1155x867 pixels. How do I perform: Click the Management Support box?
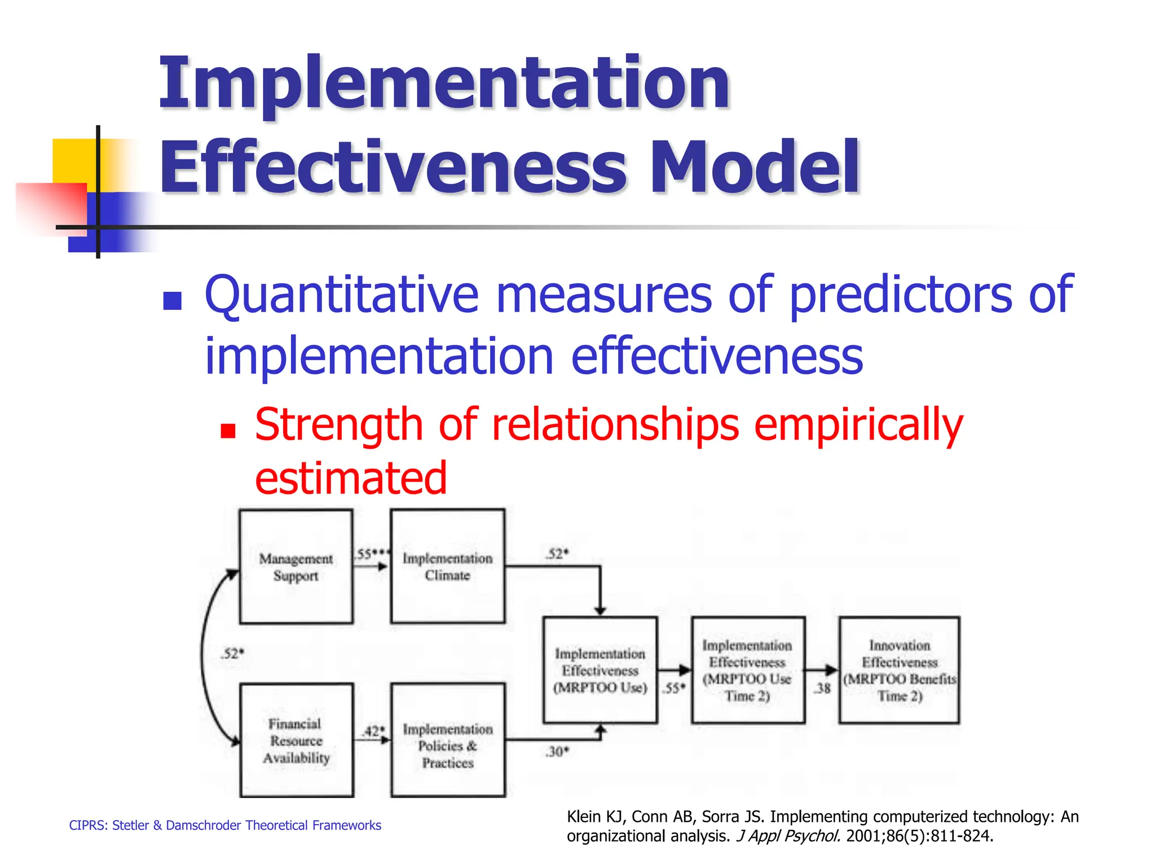click(x=296, y=567)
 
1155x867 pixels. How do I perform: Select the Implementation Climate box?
click(x=447, y=566)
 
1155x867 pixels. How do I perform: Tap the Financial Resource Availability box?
click(x=297, y=740)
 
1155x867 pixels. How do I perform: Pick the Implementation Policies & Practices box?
click(x=448, y=740)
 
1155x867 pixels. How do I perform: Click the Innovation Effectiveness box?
click(x=899, y=670)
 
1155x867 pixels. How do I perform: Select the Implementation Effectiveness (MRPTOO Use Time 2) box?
click(x=748, y=670)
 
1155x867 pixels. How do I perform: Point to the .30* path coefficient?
click(x=557, y=752)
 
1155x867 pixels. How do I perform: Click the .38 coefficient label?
click(x=823, y=688)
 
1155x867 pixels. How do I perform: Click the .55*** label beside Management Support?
click(x=372, y=554)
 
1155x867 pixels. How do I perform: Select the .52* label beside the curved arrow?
click(x=232, y=654)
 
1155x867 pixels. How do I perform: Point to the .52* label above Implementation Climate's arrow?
click(x=557, y=554)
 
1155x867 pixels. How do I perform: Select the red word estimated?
click(x=351, y=478)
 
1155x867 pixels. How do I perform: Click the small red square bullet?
click(x=228, y=431)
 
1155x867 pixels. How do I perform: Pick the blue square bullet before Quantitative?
click(x=172, y=301)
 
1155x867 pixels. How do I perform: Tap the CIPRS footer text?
click(x=225, y=825)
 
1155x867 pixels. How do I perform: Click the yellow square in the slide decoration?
click(x=73, y=161)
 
